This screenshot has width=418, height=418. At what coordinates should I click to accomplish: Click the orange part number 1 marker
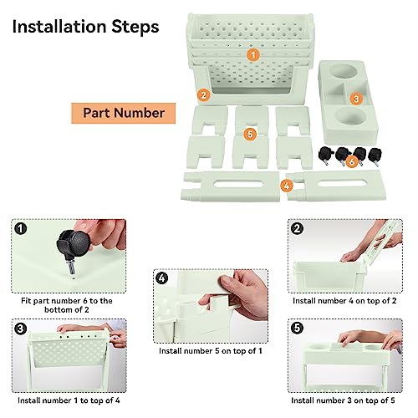click(253, 55)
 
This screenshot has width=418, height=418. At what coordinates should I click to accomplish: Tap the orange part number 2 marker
click(204, 95)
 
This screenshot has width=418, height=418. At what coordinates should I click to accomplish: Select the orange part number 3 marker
click(356, 99)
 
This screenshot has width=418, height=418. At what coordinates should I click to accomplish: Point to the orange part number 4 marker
click(287, 186)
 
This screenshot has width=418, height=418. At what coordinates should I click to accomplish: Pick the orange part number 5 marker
click(250, 134)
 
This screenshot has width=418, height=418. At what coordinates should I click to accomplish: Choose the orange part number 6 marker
click(352, 161)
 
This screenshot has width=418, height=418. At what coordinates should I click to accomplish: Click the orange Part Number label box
click(124, 113)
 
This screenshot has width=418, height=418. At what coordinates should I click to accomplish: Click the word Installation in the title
click(59, 27)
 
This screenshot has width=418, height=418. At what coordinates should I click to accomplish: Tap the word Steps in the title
click(135, 28)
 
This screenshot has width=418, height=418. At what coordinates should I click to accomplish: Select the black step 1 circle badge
click(21, 229)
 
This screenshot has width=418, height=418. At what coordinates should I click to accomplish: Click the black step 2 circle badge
click(297, 229)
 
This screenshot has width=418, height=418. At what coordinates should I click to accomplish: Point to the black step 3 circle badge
click(21, 329)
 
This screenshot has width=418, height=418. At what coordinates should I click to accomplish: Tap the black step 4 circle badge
click(162, 278)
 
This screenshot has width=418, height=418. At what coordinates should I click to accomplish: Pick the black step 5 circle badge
click(297, 328)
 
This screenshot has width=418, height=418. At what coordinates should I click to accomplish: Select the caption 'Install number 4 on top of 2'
click(344, 301)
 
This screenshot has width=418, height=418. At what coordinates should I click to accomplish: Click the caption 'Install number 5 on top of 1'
click(211, 351)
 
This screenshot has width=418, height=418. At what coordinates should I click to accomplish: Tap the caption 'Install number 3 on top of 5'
click(343, 400)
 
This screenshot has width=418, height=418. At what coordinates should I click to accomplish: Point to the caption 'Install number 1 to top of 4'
click(69, 400)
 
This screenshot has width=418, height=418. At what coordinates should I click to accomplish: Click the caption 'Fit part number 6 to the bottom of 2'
click(67, 305)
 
